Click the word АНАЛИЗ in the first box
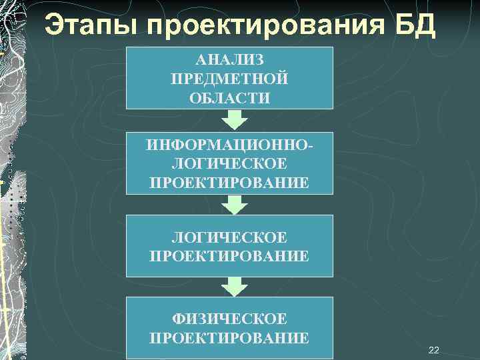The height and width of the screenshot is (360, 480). [x=229, y=61]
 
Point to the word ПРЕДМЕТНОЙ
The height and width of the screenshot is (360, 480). [x=229, y=79]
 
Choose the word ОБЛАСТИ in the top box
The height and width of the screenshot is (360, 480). [x=229, y=98]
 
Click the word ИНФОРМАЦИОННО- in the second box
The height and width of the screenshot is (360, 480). [x=229, y=145]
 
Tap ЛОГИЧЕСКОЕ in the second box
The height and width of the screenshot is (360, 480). [x=229, y=164]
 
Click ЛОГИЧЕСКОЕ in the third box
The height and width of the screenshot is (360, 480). [x=229, y=237]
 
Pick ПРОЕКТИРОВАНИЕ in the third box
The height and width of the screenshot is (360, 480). [x=229, y=256]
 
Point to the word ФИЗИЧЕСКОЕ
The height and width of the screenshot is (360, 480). [x=229, y=319]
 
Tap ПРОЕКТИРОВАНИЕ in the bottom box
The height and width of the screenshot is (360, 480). [x=229, y=338]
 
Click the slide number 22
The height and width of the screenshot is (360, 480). [x=434, y=350]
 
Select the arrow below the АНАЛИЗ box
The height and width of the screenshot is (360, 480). [x=234, y=120]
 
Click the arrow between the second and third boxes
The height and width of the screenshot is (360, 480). [x=234, y=204]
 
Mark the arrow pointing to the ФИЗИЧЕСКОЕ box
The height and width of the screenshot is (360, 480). [x=234, y=287]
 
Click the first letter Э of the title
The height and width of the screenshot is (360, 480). [x=53, y=26]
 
